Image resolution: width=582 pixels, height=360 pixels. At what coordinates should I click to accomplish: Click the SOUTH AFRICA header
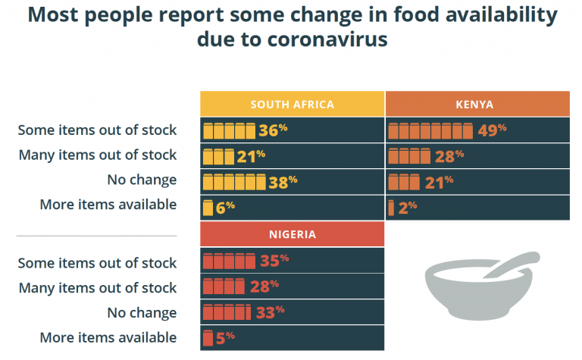[x=292, y=104]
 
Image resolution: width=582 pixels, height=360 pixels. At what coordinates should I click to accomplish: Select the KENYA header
[x=477, y=104]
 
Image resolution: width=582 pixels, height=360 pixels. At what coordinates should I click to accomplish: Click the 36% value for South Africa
[x=272, y=130]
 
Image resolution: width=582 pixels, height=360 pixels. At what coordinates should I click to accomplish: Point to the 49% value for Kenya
[x=492, y=130]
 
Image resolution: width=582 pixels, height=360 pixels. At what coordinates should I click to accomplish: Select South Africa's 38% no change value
[x=282, y=181]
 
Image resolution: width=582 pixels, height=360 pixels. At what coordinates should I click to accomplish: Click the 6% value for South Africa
[x=226, y=207]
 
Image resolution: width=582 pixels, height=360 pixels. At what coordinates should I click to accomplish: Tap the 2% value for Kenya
[x=407, y=207]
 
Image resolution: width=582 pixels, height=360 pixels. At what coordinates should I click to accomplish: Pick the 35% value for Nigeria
[x=274, y=261]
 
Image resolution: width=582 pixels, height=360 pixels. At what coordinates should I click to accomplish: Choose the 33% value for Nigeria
[x=269, y=311]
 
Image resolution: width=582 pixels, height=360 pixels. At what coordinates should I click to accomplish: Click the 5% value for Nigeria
[x=225, y=337]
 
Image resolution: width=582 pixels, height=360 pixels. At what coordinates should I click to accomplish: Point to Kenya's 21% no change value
[x=438, y=181]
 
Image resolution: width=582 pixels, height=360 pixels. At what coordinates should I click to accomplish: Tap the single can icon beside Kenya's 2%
[x=391, y=207]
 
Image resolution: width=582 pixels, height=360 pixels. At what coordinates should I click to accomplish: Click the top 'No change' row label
[x=143, y=180]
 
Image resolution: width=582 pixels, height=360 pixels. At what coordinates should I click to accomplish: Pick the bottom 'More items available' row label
[x=108, y=337]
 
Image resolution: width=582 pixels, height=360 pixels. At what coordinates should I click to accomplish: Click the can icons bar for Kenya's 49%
[x=430, y=130]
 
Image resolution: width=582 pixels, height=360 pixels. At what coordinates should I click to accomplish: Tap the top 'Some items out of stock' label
[x=97, y=130]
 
